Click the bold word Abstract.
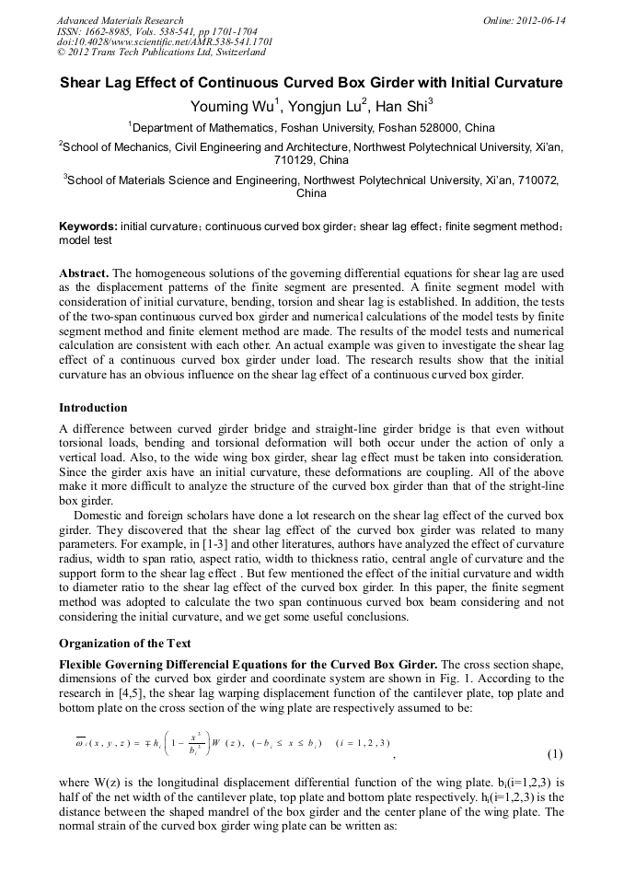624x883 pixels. (84, 274)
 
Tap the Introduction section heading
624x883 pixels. (93, 407)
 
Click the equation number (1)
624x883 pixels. (555, 755)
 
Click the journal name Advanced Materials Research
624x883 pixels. (120, 19)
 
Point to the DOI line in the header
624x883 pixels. (165, 42)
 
